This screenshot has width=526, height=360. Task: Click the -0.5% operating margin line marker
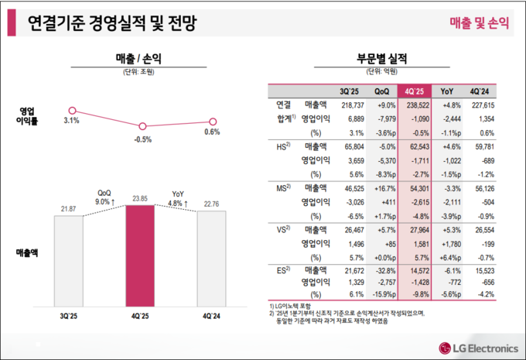(x=142, y=126)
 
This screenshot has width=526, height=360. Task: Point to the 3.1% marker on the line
(x=72, y=111)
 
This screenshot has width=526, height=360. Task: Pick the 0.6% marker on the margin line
(x=213, y=121)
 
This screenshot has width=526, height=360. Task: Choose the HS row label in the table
(x=282, y=146)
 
